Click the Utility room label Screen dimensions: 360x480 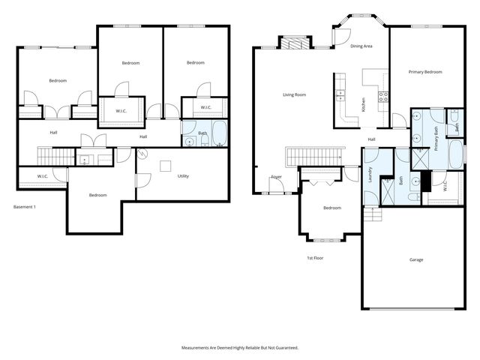183,176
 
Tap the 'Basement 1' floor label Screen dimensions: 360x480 25,207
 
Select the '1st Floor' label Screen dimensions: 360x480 315,257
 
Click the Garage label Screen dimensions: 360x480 416,259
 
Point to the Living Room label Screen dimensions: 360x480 294,94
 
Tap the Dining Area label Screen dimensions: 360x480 361,46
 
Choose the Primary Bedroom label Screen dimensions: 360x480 424,72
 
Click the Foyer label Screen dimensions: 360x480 277,177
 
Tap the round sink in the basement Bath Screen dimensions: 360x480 190,139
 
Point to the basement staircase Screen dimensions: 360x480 53,156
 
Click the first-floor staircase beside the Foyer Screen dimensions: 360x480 313,156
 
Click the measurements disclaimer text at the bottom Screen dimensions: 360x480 240,348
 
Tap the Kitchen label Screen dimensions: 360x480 364,105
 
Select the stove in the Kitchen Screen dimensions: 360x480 383,96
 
